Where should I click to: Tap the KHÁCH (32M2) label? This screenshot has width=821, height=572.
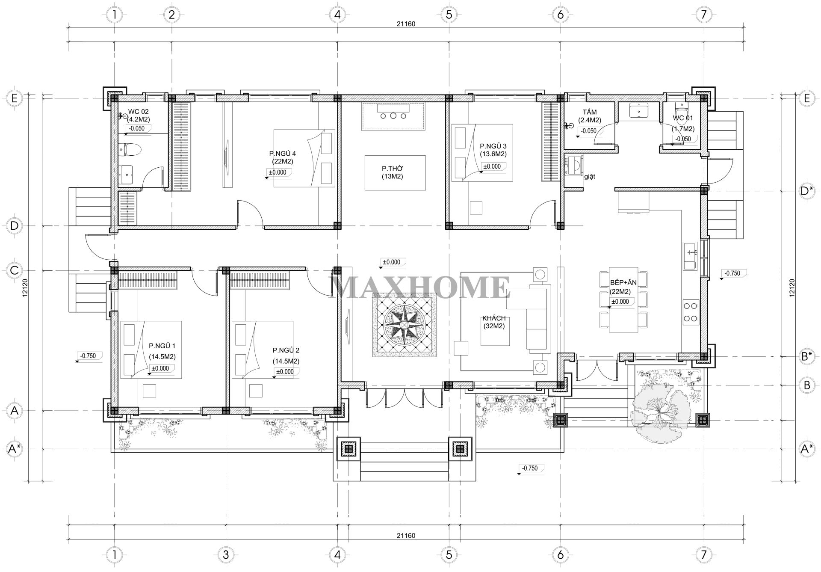coord(494,322)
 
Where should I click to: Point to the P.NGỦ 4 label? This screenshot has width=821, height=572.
coord(282,154)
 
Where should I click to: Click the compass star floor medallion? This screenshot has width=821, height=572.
coord(404,325)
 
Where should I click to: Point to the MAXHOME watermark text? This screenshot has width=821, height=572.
coord(420,287)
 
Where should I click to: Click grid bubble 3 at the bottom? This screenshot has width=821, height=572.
coord(225,555)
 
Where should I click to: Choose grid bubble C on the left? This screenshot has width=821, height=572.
coord(15,270)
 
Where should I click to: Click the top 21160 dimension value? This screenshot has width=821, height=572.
coord(406,24)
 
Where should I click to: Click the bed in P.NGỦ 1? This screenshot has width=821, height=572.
coord(151,350)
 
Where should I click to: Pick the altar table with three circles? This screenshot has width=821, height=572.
coord(394,116)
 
